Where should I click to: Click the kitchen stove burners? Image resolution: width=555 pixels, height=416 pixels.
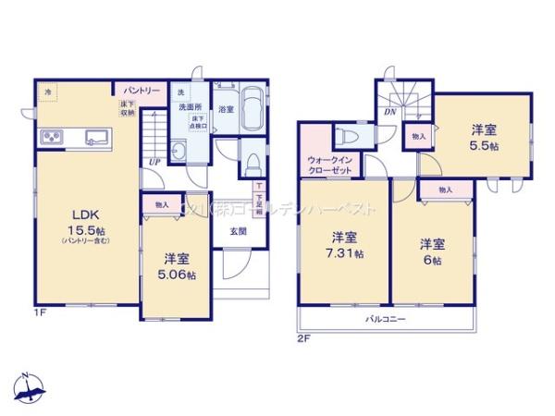point(51,140)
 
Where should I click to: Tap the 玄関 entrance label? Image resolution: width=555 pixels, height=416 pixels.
point(238,230)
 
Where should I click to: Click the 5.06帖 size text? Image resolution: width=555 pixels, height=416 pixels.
point(177,275)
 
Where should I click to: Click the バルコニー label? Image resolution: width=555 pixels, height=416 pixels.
point(385,319)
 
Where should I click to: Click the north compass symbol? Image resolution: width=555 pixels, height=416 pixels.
point(30,388)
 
